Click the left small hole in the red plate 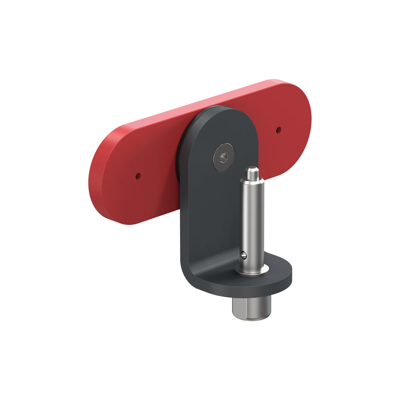click(x=138, y=176)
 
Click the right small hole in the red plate click(x=279, y=130)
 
